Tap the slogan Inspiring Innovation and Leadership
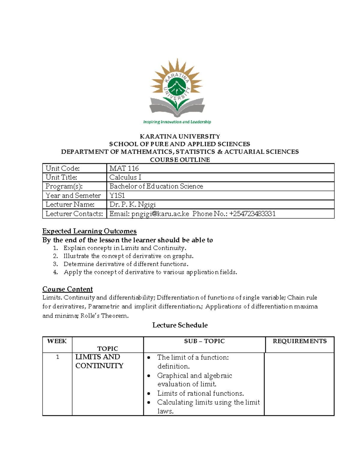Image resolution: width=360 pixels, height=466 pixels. click(x=177, y=122)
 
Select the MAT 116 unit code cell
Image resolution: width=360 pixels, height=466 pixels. click(x=124, y=168)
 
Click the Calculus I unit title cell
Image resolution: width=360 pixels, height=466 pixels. click(x=125, y=177)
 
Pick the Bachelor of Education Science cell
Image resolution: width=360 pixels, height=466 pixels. click(x=156, y=186)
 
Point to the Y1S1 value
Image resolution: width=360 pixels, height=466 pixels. click(x=117, y=196)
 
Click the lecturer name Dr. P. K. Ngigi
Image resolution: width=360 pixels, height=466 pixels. click(x=132, y=205)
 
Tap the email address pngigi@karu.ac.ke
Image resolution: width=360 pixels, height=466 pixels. click(x=160, y=214)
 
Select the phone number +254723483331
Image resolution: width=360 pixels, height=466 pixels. click(x=252, y=214)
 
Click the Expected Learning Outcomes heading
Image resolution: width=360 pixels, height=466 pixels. click(x=89, y=231)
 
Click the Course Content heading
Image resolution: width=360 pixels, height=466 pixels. click(x=67, y=289)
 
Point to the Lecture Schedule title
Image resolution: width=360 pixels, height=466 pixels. click(x=180, y=325)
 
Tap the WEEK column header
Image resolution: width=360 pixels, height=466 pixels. click(x=57, y=341)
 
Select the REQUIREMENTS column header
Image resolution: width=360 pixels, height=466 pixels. click(x=299, y=341)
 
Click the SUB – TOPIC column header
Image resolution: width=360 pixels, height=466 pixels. click(x=204, y=341)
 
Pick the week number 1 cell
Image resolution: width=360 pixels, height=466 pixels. click(x=58, y=357)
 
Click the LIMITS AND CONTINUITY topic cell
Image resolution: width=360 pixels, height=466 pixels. click(x=99, y=361)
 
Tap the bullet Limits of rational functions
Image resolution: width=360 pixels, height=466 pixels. click(x=200, y=393)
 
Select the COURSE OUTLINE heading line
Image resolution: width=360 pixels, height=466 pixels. click(x=180, y=160)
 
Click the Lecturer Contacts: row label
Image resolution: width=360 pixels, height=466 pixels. click(x=74, y=214)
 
